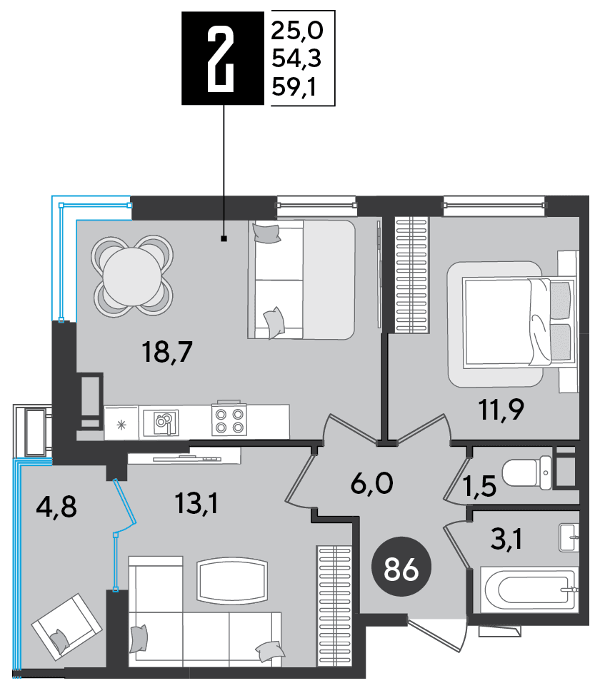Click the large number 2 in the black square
(221, 59)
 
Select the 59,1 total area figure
(294, 86)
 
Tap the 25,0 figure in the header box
(296, 31)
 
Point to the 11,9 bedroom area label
(501, 410)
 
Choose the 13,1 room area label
(196, 504)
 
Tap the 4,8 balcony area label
(56, 507)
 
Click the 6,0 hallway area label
(372, 483)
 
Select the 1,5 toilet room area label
(479, 485)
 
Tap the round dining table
(132, 276)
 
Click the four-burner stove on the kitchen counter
(229, 420)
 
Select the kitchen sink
(161, 423)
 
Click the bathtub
(529, 590)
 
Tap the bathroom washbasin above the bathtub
(569, 538)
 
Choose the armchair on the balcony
(66, 627)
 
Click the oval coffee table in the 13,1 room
(232, 579)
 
